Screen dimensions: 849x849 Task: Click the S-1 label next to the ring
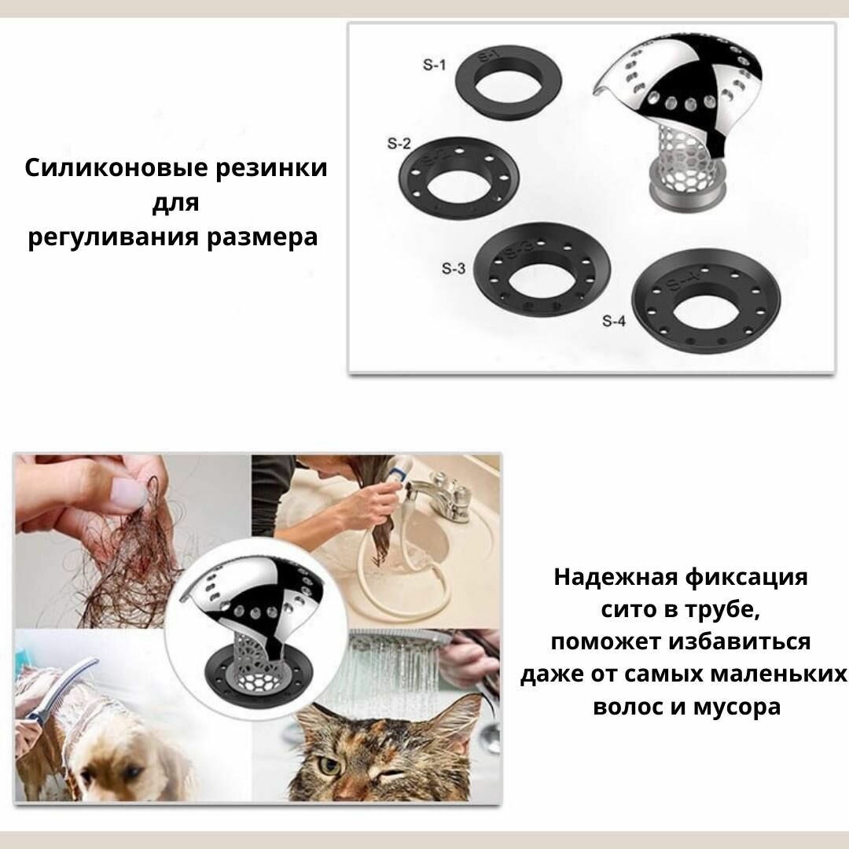pos(434,65)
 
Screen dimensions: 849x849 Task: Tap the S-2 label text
pos(399,144)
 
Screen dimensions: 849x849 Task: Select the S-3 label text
pos(454,268)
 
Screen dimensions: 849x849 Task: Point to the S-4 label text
pos(613,321)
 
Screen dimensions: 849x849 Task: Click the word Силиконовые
pos(116,168)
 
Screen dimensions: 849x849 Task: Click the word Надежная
pos(616,577)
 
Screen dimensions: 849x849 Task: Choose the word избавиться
pos(739,641)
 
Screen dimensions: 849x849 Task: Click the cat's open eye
pos(327,765)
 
